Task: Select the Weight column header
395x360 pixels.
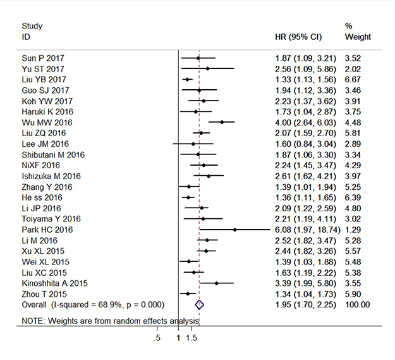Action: pos(358,37)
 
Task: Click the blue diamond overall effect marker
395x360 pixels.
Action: pos(200,304)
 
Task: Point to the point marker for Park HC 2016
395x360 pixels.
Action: pos(234,230)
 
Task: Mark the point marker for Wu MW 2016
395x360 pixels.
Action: pos(221,122)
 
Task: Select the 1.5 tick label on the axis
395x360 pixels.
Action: pos(192,338)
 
